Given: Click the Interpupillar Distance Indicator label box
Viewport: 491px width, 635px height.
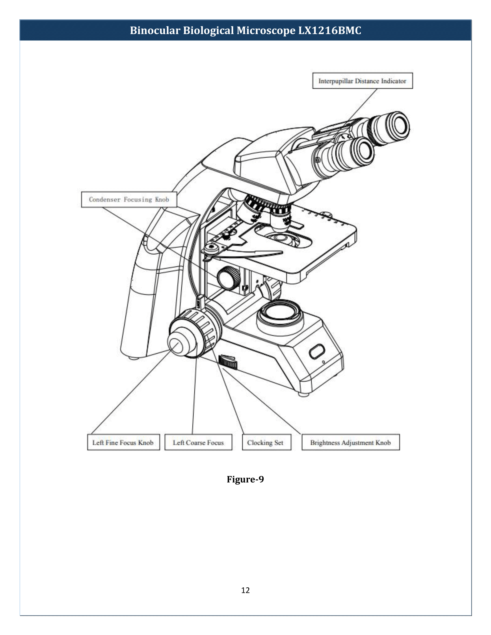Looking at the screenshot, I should (362, 81).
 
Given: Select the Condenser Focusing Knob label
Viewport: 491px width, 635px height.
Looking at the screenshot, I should (129, 199).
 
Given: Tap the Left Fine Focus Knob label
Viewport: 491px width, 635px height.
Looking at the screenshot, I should (123, 442).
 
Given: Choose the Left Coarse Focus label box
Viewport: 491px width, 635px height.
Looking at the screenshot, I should (198, 442).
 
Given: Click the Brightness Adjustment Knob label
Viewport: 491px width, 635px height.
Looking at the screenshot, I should (350, 442).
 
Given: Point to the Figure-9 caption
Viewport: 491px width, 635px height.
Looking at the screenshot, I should (245, 479).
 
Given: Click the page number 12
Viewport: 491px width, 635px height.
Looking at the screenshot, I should (245, 590).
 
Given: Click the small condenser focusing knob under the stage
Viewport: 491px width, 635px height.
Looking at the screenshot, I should (228, 278).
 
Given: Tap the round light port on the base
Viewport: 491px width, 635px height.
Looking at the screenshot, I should (280, 313).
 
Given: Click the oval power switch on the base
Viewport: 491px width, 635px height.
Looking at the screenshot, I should (317, 351).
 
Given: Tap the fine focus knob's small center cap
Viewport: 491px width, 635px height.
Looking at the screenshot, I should (175, 346).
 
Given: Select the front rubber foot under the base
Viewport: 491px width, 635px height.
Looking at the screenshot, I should (304, 395).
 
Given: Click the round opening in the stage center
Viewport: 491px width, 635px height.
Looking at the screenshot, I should (281, 238).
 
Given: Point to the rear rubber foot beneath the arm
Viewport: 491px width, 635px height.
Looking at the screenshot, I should (134, 358).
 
